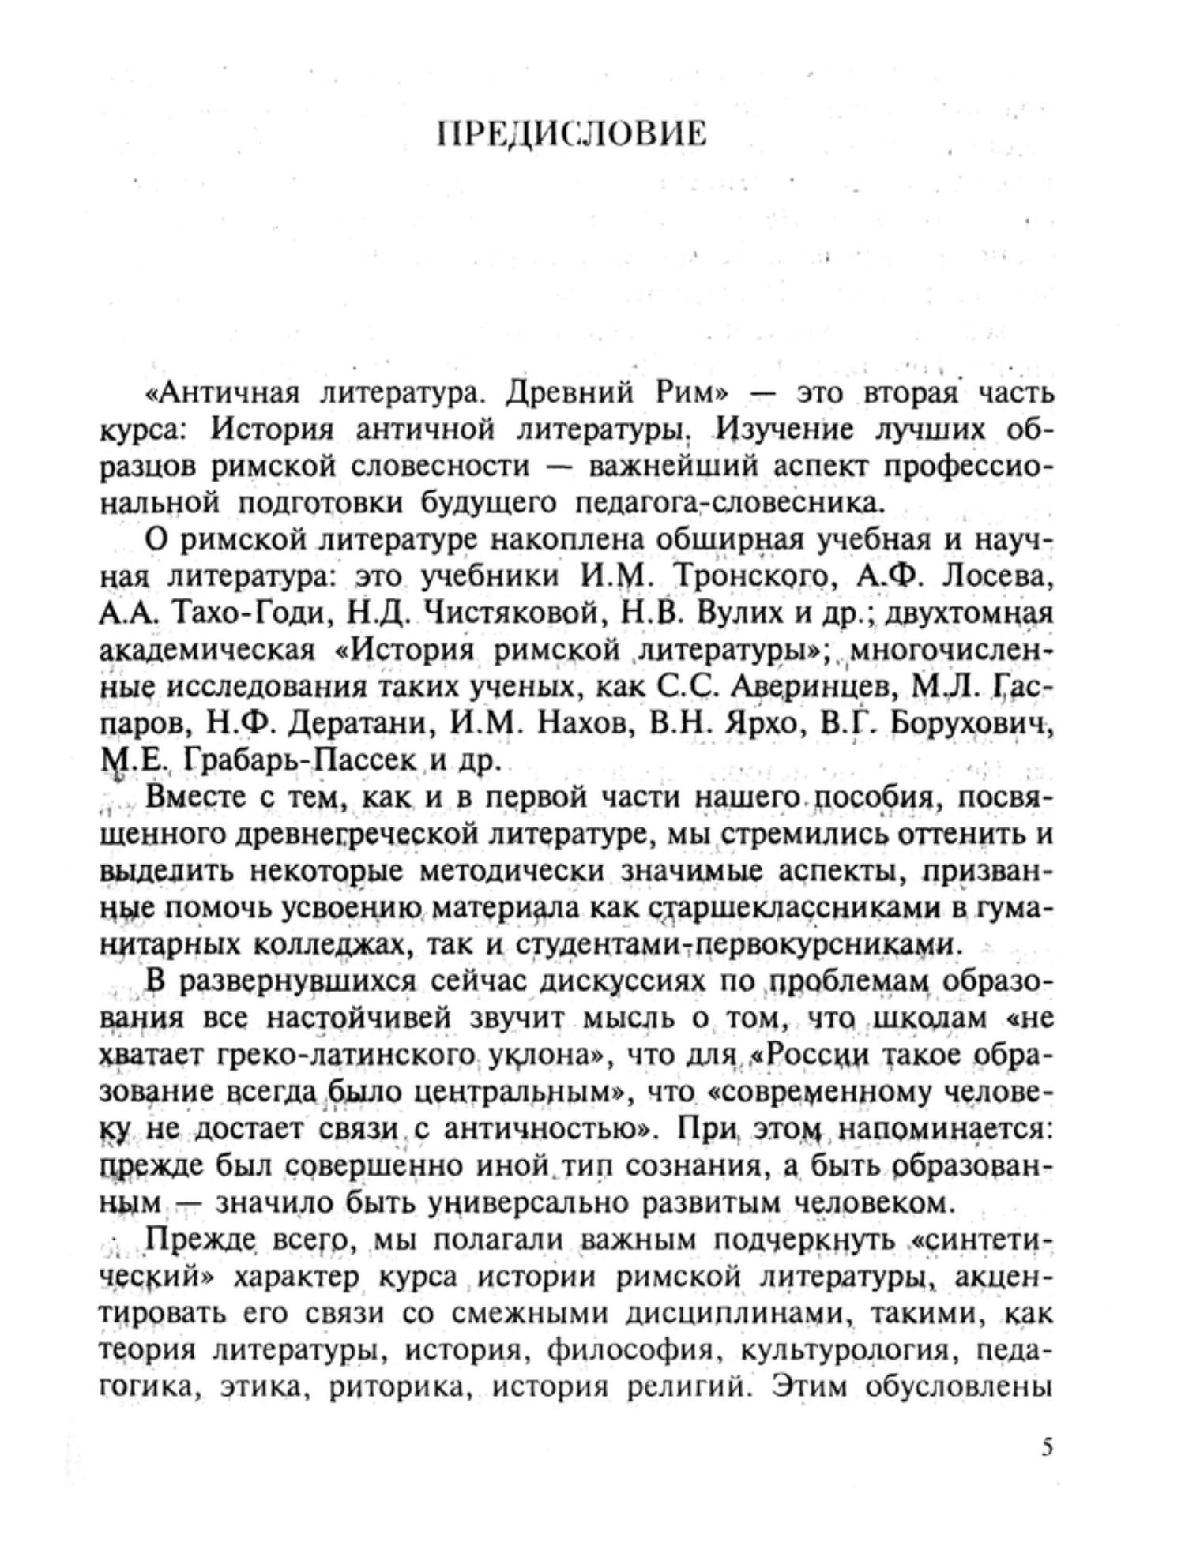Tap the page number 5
[1047, 1446]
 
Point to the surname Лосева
[999, 576]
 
